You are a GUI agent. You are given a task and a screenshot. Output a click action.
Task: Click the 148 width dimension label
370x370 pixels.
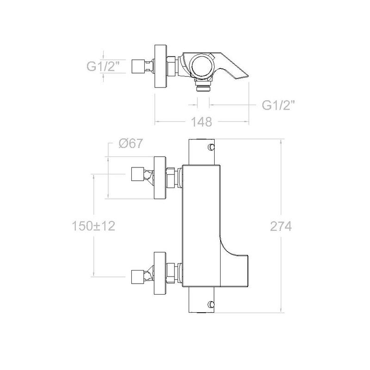pyautogui.click(x=201, y=122)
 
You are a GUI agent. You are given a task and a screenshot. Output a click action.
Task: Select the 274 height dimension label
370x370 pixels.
pyautogui.click(x=281, y=227)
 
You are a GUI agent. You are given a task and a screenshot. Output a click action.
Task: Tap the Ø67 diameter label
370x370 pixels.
pyautogui.click(x=131, y=143)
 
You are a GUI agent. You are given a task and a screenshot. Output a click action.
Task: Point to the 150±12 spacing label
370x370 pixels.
pyautogui.click(x=93, y=226)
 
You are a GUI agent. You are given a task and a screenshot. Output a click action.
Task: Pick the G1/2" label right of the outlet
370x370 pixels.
pyautogui.click(x=279, y=105)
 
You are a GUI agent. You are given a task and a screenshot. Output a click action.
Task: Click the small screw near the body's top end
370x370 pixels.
pyautogui.click(x=211, y=147)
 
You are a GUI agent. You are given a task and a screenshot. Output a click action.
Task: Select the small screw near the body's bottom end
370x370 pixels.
pyautogui.click(x=211, y=304)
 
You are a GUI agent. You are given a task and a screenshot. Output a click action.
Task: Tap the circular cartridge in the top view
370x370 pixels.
pyautogui.click(x=201, y=66)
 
